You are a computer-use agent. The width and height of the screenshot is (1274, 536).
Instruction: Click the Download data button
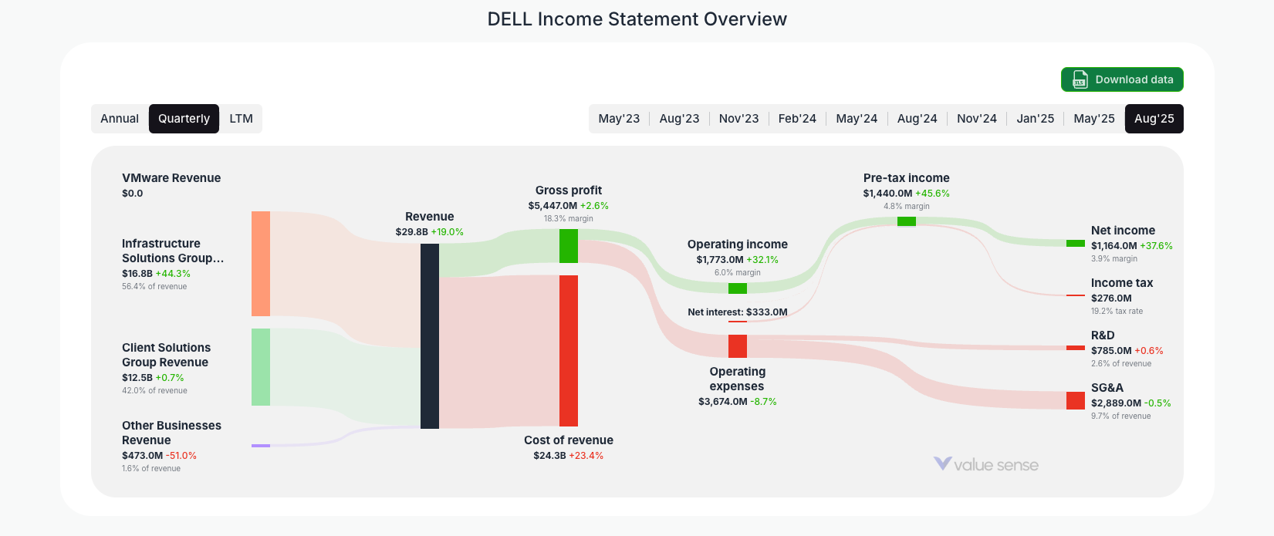tap(1122, 79)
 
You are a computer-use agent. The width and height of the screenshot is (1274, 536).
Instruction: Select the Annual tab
tap(120, 119)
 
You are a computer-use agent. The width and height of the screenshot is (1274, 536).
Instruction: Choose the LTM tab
tap(241, 119)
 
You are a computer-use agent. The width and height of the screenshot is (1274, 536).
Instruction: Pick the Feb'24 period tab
tap(797, 119)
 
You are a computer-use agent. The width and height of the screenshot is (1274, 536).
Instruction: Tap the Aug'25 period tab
tap(1154, 119)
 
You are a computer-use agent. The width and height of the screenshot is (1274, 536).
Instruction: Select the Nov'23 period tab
tap(738, 119)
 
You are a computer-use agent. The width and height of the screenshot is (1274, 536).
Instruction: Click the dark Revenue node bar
tap(430, 335)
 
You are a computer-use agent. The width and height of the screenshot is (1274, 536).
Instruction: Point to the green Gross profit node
tap(569, 246)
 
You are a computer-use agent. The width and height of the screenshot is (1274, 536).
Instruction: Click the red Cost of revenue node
tap(569, 350)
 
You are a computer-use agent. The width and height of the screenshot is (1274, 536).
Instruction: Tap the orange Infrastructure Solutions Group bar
tap(261, 264)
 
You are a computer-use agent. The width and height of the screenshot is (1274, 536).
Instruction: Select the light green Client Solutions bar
tap(261, 367)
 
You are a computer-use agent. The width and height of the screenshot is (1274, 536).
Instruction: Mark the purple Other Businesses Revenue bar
tap(261, 446)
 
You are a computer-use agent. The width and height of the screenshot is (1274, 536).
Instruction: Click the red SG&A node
tap(1075, 400)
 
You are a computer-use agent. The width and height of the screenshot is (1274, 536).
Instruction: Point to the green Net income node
tap(1075, 244)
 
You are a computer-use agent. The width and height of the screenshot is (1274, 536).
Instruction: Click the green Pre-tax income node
tap(907, 221)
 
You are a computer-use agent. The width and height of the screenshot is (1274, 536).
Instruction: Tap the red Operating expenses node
tap(738, 346)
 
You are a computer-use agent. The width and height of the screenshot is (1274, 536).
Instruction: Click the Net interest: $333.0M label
tap(738, 312)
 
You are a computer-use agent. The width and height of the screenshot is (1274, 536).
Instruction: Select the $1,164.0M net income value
tap(1113, 246)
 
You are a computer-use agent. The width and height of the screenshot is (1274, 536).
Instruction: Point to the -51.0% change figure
tap(181, 456)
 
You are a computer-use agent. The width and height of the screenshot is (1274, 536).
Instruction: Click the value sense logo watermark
tap(986, 464)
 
